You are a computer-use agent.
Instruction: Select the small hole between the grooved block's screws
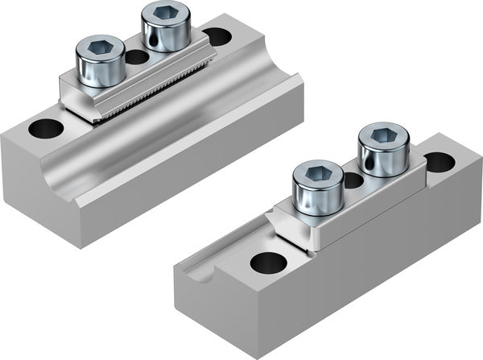138,57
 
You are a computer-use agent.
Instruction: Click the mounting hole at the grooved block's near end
45,127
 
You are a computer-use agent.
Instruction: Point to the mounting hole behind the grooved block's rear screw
217,36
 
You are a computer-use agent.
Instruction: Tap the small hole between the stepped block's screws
352,180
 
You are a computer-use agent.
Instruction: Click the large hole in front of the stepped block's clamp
267,262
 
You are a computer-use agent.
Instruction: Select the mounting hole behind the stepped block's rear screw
439,162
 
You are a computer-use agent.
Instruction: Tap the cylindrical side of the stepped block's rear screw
382,159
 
